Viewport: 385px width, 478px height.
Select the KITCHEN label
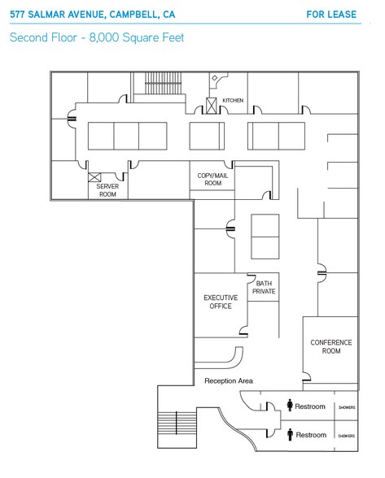pyautogui.click(x=233, y=101)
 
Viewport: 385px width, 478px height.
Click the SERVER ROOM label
pyautogui.click(x=107, y=190)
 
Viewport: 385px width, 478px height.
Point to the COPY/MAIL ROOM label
pyautogui.click(x=212, y=179)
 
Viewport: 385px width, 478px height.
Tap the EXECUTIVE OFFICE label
pyautogui.click(x=220, y=302)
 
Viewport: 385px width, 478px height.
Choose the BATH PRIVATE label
pyautogui.click(x=264, y=287)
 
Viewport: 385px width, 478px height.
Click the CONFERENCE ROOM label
pyautogui.click(x=331, y=346)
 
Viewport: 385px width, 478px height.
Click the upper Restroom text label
pyautogui.click(x=310, y=406)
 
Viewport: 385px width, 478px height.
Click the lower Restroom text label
pyautogui.click(x=310, y=435)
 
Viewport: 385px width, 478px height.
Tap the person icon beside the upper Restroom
pyautogui.click(x=290, y=406)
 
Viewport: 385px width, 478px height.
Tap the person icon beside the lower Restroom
pyautogui.click(x=290, y=435)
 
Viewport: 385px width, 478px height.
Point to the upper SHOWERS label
pyautogui.click(x=347, y=407)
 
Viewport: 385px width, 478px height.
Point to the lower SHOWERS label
pyautogui.click(x=347, y=436)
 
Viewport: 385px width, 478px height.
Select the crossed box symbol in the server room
pyautogui.click(x=93, y=176)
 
